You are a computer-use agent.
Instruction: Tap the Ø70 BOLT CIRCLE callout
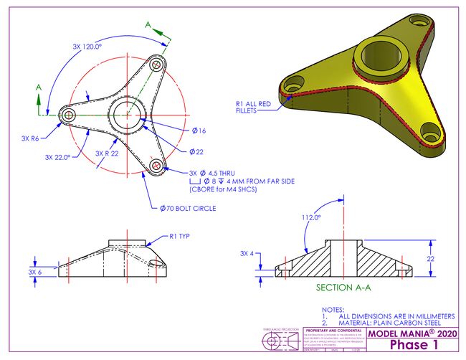188,209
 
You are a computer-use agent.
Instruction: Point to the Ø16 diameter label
199,131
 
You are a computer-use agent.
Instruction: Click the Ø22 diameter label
197,152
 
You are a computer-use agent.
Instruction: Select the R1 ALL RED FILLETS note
253,108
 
